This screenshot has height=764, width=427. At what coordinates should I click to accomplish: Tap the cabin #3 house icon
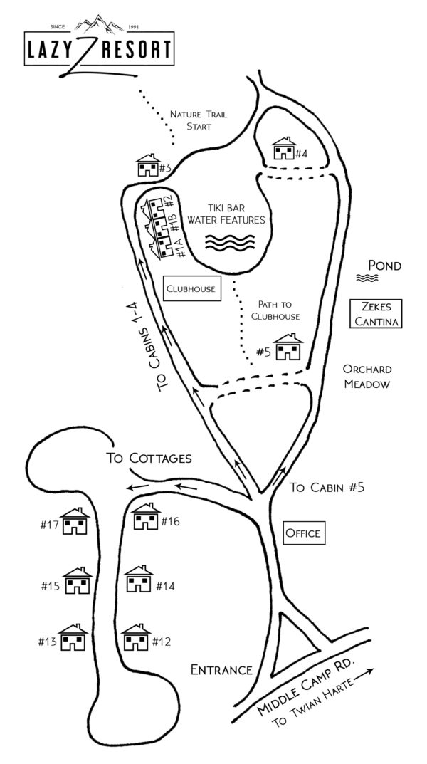(x=148, y=167)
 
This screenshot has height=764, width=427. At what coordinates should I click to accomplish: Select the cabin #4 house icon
(x=284, y=150)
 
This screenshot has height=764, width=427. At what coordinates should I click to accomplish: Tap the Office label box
(x=302, y=533)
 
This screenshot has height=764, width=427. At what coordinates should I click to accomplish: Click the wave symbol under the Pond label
(x=370, y=278)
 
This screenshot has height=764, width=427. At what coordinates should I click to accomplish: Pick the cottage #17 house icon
(x=74, y=523)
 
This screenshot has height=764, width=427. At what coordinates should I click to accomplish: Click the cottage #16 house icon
(x=146, y=518)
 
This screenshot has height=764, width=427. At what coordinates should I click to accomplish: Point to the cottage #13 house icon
(x=71, y=639)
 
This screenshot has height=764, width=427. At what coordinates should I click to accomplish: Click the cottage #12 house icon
(x=135, y=639)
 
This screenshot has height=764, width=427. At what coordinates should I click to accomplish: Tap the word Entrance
(x=221, y=669)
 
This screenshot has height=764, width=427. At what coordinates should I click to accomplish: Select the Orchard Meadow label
(x=367, y=377)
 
